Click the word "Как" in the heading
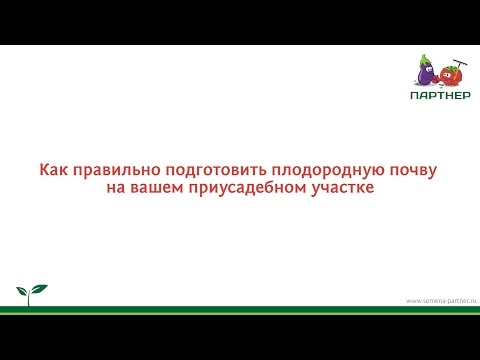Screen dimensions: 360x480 tap(52, 171)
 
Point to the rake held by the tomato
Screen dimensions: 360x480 tap(461, 61)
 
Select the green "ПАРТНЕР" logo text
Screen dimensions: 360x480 tap(438, 96)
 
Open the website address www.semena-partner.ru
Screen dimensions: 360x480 tap(441, 300)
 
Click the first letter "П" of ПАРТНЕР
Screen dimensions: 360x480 tap(415, 96)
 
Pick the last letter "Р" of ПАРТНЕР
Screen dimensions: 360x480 tap(461, 96)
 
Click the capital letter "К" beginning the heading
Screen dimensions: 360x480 tap(44, 171)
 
